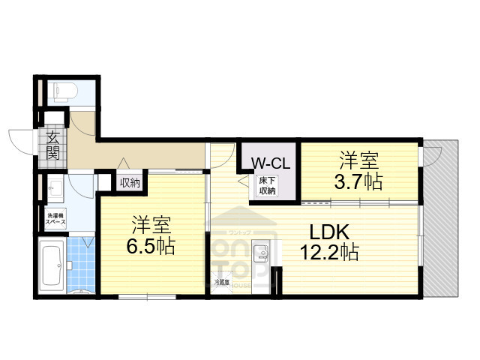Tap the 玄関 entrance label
[52, 145]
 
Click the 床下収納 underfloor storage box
[268, 186]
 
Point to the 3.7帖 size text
[358, 180]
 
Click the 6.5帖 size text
[151, 246]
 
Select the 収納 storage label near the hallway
[129, 182]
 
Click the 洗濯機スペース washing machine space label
[52, 220]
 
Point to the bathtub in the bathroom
[52, 265]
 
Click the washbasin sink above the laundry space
[53, 188]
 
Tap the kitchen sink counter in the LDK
[262, 258]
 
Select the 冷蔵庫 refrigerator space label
[221, 283]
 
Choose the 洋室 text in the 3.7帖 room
[359, 160]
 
